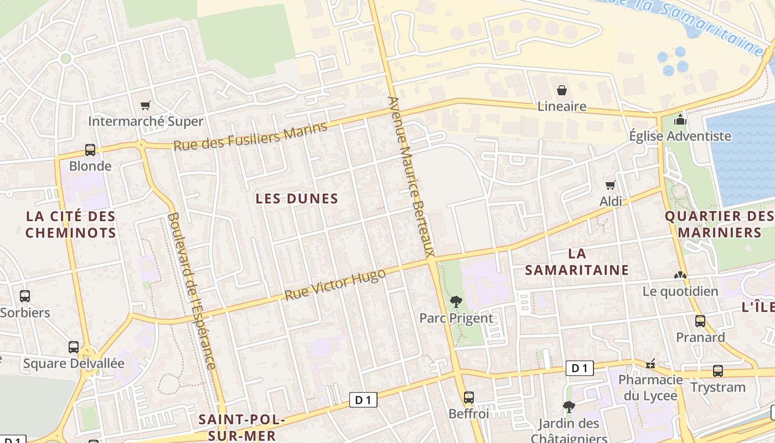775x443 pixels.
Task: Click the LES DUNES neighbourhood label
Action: [x=297, y=199]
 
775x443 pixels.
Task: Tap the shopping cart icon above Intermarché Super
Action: [x=146, y=105]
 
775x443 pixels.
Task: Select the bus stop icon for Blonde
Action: [x=90, y=150]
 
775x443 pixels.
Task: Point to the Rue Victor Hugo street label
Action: [x=335, y=285]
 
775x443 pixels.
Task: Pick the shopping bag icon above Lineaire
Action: [x=562, y=90]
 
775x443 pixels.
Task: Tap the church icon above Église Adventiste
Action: [x=680, y=120]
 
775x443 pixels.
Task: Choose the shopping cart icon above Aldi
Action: [x=611, y=185]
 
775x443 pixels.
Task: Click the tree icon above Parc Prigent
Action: [x=456, y=302]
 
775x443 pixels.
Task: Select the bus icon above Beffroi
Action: [x=468, y=397]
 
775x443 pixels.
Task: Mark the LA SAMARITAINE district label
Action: [x=577, y=262]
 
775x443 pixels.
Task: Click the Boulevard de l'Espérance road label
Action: [x=191, y=291]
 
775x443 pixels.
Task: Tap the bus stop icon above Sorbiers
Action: [x=25, y=296]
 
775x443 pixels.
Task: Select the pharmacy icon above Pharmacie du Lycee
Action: [x=650, y=364]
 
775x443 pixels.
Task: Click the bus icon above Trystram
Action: [x=717, y=371]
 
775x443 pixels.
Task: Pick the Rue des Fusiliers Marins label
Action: [x=250, y=136]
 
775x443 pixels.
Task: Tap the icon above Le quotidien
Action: [x=680, y=275]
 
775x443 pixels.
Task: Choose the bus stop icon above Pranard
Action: [x=700, y=321]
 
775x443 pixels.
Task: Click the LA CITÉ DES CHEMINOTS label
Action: [x=71, y=224]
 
